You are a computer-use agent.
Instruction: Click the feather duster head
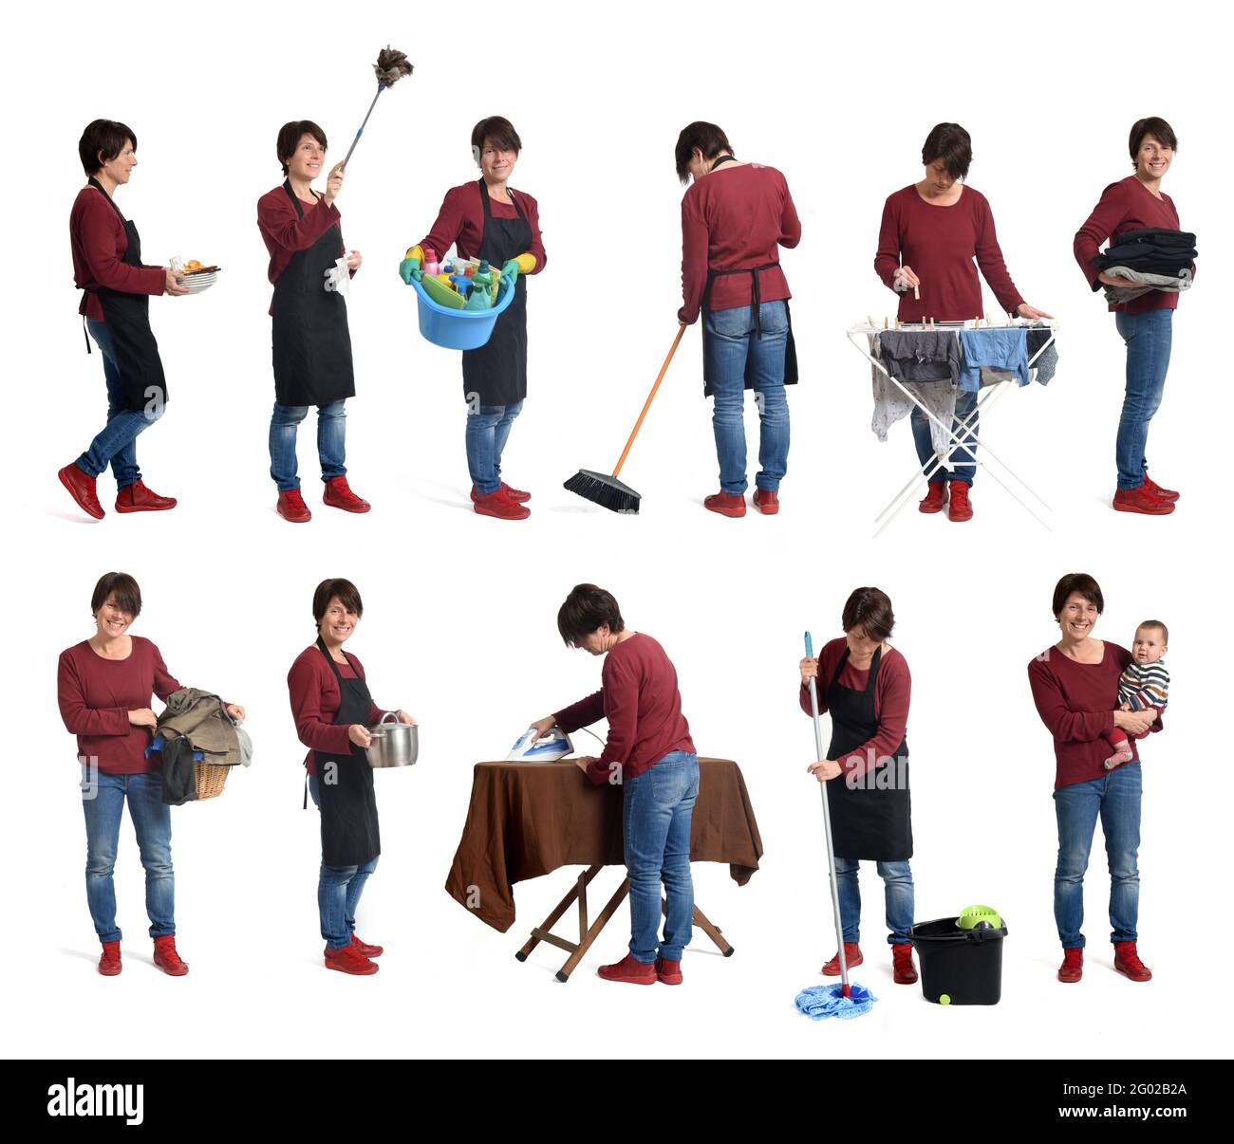pyautogui.click(x=392, y=66)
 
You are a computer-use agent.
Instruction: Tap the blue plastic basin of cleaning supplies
pyautogui.click(x=462, y=322)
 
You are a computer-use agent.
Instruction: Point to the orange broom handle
pyautogui.click(x=649, y=399)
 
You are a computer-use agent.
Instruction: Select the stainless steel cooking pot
pyautogui.click(x=391, y=741)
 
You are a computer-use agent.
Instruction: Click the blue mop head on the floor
pyautogui.click(x=833, y=999)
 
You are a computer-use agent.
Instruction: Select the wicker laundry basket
pyautogui.click(x=211, y=779)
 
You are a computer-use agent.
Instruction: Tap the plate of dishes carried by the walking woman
pyautogui.click(x=197, y=278)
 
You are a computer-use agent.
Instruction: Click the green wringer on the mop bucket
pyautogui.click(x=979, y=916)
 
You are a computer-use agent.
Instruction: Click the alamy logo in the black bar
pyautogui.click(x=96, y=1101)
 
